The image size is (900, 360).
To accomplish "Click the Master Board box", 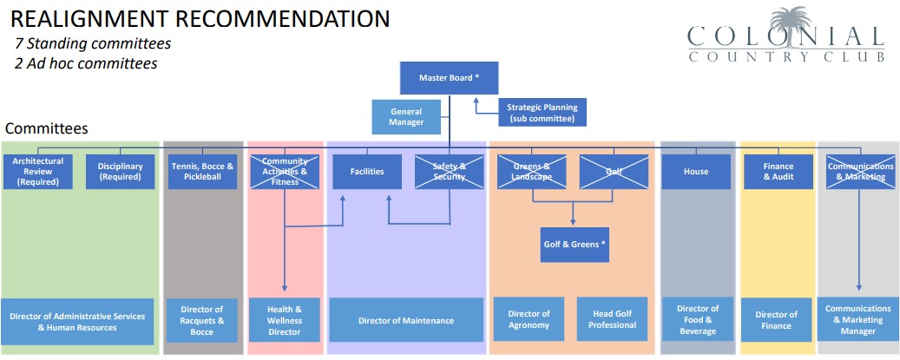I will coord(450,78).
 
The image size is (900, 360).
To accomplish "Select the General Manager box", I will coord(406,117).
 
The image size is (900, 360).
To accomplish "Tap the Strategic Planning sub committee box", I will coord(542,113).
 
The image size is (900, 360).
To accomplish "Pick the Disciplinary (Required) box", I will coord(120,172).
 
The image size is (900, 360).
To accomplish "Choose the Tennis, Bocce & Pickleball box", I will coord(201,172).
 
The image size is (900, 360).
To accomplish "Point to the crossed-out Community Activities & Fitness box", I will coord(285,172).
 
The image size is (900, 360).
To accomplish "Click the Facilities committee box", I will coord(367,172).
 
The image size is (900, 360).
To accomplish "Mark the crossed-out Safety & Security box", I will coord(450,172).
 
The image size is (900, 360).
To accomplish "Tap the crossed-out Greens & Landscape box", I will coord(532,172).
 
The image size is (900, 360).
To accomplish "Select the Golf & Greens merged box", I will coord(574,245).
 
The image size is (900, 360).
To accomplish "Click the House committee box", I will coord(696,172).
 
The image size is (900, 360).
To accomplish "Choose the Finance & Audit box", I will coord(778,172).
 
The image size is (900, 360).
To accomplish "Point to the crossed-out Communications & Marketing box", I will coord(860,172).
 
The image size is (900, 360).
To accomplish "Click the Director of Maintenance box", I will coord(406,320).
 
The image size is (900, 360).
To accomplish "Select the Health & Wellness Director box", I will coord(285,320).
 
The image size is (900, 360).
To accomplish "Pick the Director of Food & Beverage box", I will coord(698,320).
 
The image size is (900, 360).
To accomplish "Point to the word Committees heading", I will coord(46,128).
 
